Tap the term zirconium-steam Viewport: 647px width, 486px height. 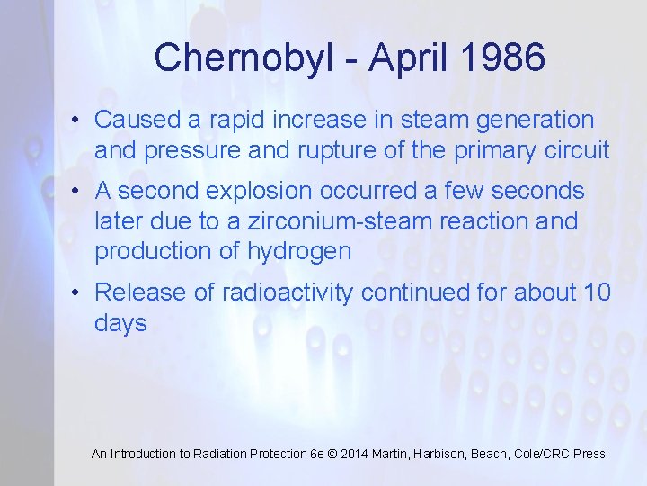pyautogui.click(x=329, y=220)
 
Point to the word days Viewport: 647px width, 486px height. pyautogui.click(x=120, y=323)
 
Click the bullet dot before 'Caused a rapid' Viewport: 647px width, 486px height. pyautogui.click(x=80, y=120)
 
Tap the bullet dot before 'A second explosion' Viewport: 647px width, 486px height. pyautogui.click(x=80, y=192)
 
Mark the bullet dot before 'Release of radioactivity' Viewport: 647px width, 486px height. pyautogui.click(x=80, y=292)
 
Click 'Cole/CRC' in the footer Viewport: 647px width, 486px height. pyautogui.click(x=544, y=454)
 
